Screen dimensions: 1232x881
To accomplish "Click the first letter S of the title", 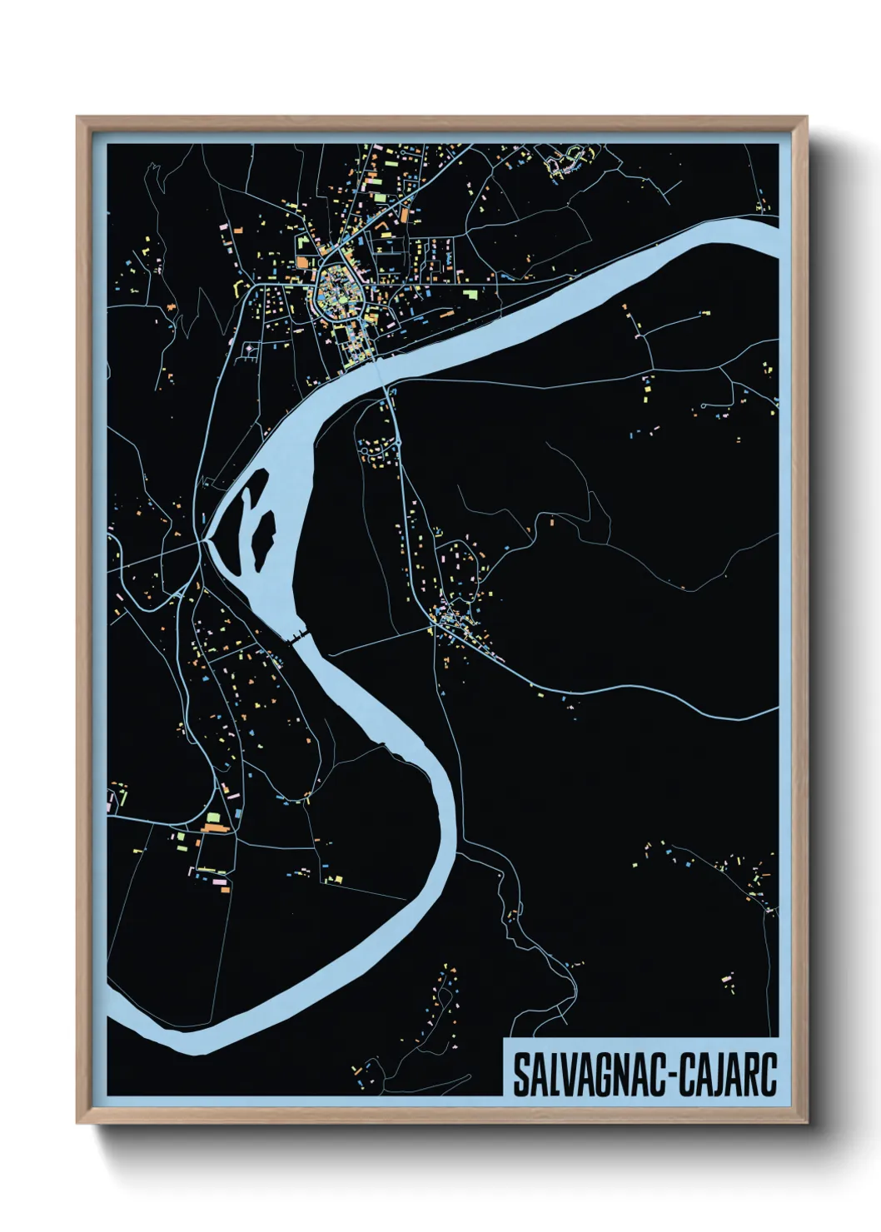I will click(x=520, y=1076).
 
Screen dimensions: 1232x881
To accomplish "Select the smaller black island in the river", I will click(x=248, y=500).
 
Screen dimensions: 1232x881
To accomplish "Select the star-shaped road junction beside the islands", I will click(x=202, y=540).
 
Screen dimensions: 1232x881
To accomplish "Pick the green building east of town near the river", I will click(x=471, y=294).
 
